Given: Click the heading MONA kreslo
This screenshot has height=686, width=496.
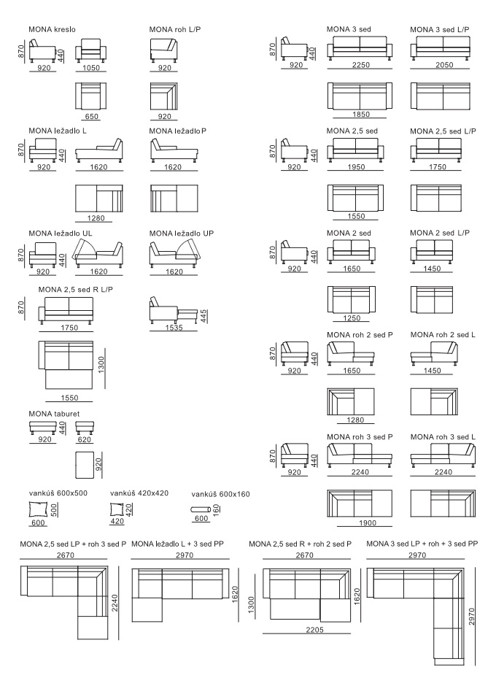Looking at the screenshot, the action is [52, 29].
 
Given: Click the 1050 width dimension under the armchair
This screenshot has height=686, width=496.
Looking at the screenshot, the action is [91, 67].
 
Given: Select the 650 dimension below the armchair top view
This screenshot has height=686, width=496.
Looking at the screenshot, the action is [91, 116].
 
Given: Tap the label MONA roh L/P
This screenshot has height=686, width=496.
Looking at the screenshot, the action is [175, 29].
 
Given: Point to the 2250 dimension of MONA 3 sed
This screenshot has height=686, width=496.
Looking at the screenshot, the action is [361, 65].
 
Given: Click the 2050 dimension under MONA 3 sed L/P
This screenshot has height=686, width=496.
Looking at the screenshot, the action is [444, 65].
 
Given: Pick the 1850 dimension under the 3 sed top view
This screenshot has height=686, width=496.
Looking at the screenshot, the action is [361, 114].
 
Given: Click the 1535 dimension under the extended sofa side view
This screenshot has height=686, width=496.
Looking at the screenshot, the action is [174, 327].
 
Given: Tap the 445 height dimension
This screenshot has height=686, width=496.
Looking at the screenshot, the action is [204, 316].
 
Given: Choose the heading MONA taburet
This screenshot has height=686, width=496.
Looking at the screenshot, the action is [54, 414].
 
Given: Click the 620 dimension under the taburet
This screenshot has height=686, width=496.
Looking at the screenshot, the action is [84, 439].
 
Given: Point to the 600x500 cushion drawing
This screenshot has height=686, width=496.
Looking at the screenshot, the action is [38, 509].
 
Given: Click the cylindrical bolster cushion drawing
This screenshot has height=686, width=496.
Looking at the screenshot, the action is [201, 509].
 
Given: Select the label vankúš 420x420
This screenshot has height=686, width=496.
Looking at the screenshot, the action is [139, 493].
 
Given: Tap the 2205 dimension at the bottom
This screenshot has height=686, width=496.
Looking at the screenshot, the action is [315, 630].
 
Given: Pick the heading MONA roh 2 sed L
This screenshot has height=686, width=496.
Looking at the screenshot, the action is [443, 335].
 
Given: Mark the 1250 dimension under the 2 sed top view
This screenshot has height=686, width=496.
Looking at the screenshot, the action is [352, 318].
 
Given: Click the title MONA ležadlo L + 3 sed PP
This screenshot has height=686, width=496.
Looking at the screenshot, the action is [177, 544].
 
